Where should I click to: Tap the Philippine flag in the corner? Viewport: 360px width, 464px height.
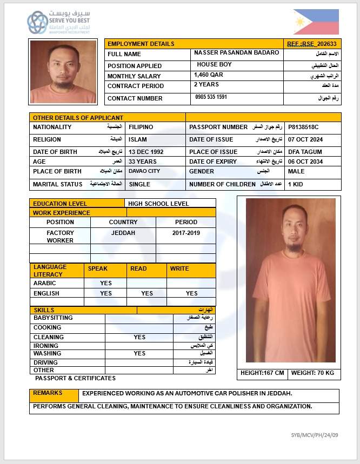click(316, 22)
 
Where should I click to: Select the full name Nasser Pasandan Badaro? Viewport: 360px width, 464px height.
click(237, 53)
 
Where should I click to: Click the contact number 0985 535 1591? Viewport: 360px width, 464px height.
click(211, 97)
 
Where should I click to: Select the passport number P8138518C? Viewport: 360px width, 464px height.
click(303, 127)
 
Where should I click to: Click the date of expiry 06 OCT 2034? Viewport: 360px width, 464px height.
click(305, 162)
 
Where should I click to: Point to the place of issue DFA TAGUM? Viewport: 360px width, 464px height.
click(305, 152)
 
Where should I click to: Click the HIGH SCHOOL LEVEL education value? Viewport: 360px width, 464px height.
click(158, 204)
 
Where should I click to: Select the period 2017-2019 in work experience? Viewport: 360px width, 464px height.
click(186, 233)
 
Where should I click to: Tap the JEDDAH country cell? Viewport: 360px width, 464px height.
click(123, 233)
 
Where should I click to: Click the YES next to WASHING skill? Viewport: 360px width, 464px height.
click(139, 353)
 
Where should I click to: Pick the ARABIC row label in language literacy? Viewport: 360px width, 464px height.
click(45, 283)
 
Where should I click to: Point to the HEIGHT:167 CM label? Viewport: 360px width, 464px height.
click(262, 373)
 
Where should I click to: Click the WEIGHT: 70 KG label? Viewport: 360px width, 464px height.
click(312, 373)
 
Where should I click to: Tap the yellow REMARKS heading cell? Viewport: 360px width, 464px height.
click(48, 393)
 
